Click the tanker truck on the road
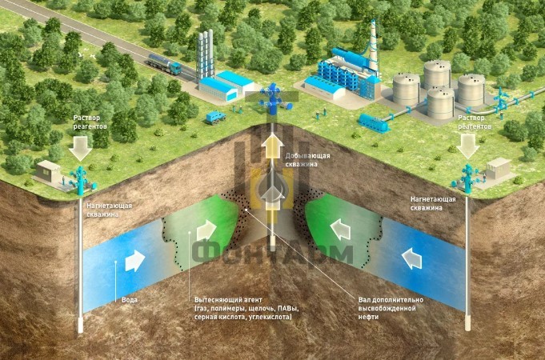coord(164,64)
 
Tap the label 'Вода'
coord(130,300)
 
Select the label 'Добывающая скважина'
coord(307,160)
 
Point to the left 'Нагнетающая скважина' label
coord(110,210)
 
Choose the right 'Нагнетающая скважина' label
coord(433,204)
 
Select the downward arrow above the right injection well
coord(468,146)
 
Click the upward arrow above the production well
coord(272,146)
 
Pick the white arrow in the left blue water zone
coord(134,261)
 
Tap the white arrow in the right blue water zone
coord(411,258)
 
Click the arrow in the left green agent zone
coord(206,230)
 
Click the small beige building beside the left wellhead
coord(48,172)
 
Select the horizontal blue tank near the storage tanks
coord(374,122)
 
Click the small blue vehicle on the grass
coord(215,118)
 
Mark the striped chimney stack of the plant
coord(373,45)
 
